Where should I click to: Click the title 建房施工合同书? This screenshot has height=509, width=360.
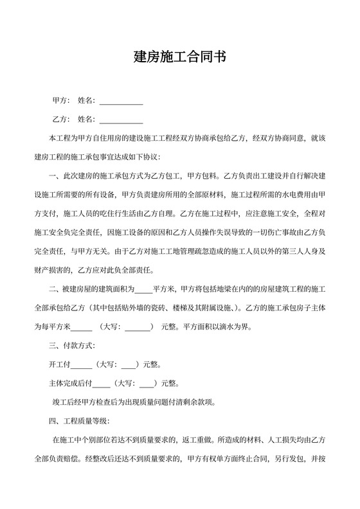(x=179, y=57)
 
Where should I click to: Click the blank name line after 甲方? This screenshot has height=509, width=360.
(x=121, y=102)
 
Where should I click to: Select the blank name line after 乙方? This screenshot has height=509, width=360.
(x=121, y=120)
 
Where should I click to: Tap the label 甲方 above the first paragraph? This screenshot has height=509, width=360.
(x=60, y=101)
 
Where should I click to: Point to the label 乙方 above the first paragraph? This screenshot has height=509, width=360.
(x=60, y=119)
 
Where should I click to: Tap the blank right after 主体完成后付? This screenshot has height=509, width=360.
(x=102, y=384)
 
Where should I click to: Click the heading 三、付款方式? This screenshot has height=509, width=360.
(x=72, y=346)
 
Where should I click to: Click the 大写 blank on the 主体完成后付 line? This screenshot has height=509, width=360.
(x=147, y=384)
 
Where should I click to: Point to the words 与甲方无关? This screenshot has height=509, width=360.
(x=97, y=251)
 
